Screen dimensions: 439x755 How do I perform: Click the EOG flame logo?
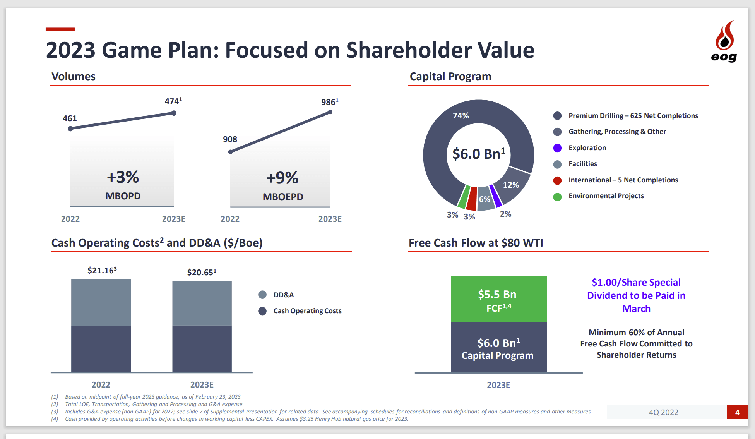pos(724,40)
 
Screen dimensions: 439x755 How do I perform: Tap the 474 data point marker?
pos(174,113)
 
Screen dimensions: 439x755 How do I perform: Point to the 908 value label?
pos(230,139)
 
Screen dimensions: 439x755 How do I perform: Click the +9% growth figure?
pos(282,178)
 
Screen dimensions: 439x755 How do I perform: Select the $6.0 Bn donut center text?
pos(479,154)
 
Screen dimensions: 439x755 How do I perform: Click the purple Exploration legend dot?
pos(557,148)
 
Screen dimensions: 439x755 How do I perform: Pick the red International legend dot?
pos(557,180)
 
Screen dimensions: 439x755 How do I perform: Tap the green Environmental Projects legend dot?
pos(557,196)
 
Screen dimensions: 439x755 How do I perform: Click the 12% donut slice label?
pos(511,185)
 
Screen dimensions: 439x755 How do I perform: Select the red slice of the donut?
pos(472,198)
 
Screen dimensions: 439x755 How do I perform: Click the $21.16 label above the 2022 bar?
pos(102,270)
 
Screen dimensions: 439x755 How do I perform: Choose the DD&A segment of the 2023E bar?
pos(202,303)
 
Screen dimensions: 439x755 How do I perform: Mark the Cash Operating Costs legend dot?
pos(262,311)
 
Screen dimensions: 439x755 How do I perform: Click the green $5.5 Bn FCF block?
pos(498,299)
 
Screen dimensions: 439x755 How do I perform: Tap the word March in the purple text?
pos(636,309)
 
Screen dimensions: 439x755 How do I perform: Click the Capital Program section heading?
pos(450,77)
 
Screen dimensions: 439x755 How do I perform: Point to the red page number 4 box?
pos(737,412)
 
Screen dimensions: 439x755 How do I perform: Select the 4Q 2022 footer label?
pos(663,412)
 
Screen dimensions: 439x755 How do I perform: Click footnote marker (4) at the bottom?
pos(55,419)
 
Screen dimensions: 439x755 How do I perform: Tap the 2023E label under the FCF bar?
pos(498,385)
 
